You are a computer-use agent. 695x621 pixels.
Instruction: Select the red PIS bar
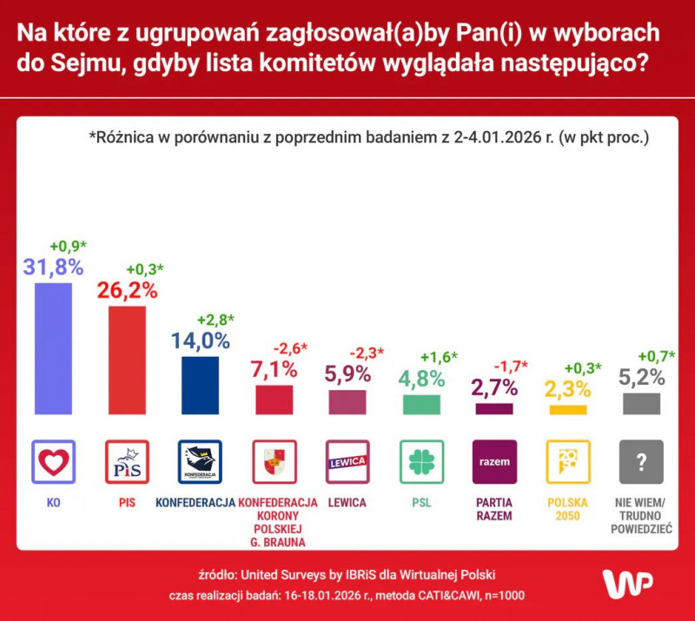(x=127, y=360)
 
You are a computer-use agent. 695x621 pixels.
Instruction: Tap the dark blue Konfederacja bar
(x=200, y=385)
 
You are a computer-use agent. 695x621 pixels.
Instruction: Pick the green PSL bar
(x=421, y=404)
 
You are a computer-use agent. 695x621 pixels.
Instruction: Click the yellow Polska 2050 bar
(x=568, y=409)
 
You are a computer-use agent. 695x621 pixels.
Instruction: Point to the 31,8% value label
(x=53, y=267)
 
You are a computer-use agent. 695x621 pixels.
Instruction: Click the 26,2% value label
(x=127, y=290)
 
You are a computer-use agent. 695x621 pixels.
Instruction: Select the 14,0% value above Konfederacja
(x=200, y=340)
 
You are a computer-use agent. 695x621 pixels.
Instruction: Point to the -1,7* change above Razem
(x=511, y=366)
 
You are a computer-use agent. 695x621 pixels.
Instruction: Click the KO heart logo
(x=53, y=462)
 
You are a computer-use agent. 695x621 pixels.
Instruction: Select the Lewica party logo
(x=347, y=462)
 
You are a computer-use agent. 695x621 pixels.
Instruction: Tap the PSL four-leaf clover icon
(x=421, y=462)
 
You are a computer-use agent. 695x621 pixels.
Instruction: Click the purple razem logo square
(x=494, y=462)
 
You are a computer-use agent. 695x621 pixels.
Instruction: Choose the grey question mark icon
(x=642, y=462)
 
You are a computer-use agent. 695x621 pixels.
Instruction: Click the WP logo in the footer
(x=627, y=584)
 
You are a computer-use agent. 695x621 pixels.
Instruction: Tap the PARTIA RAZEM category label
(x=494, y=509)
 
